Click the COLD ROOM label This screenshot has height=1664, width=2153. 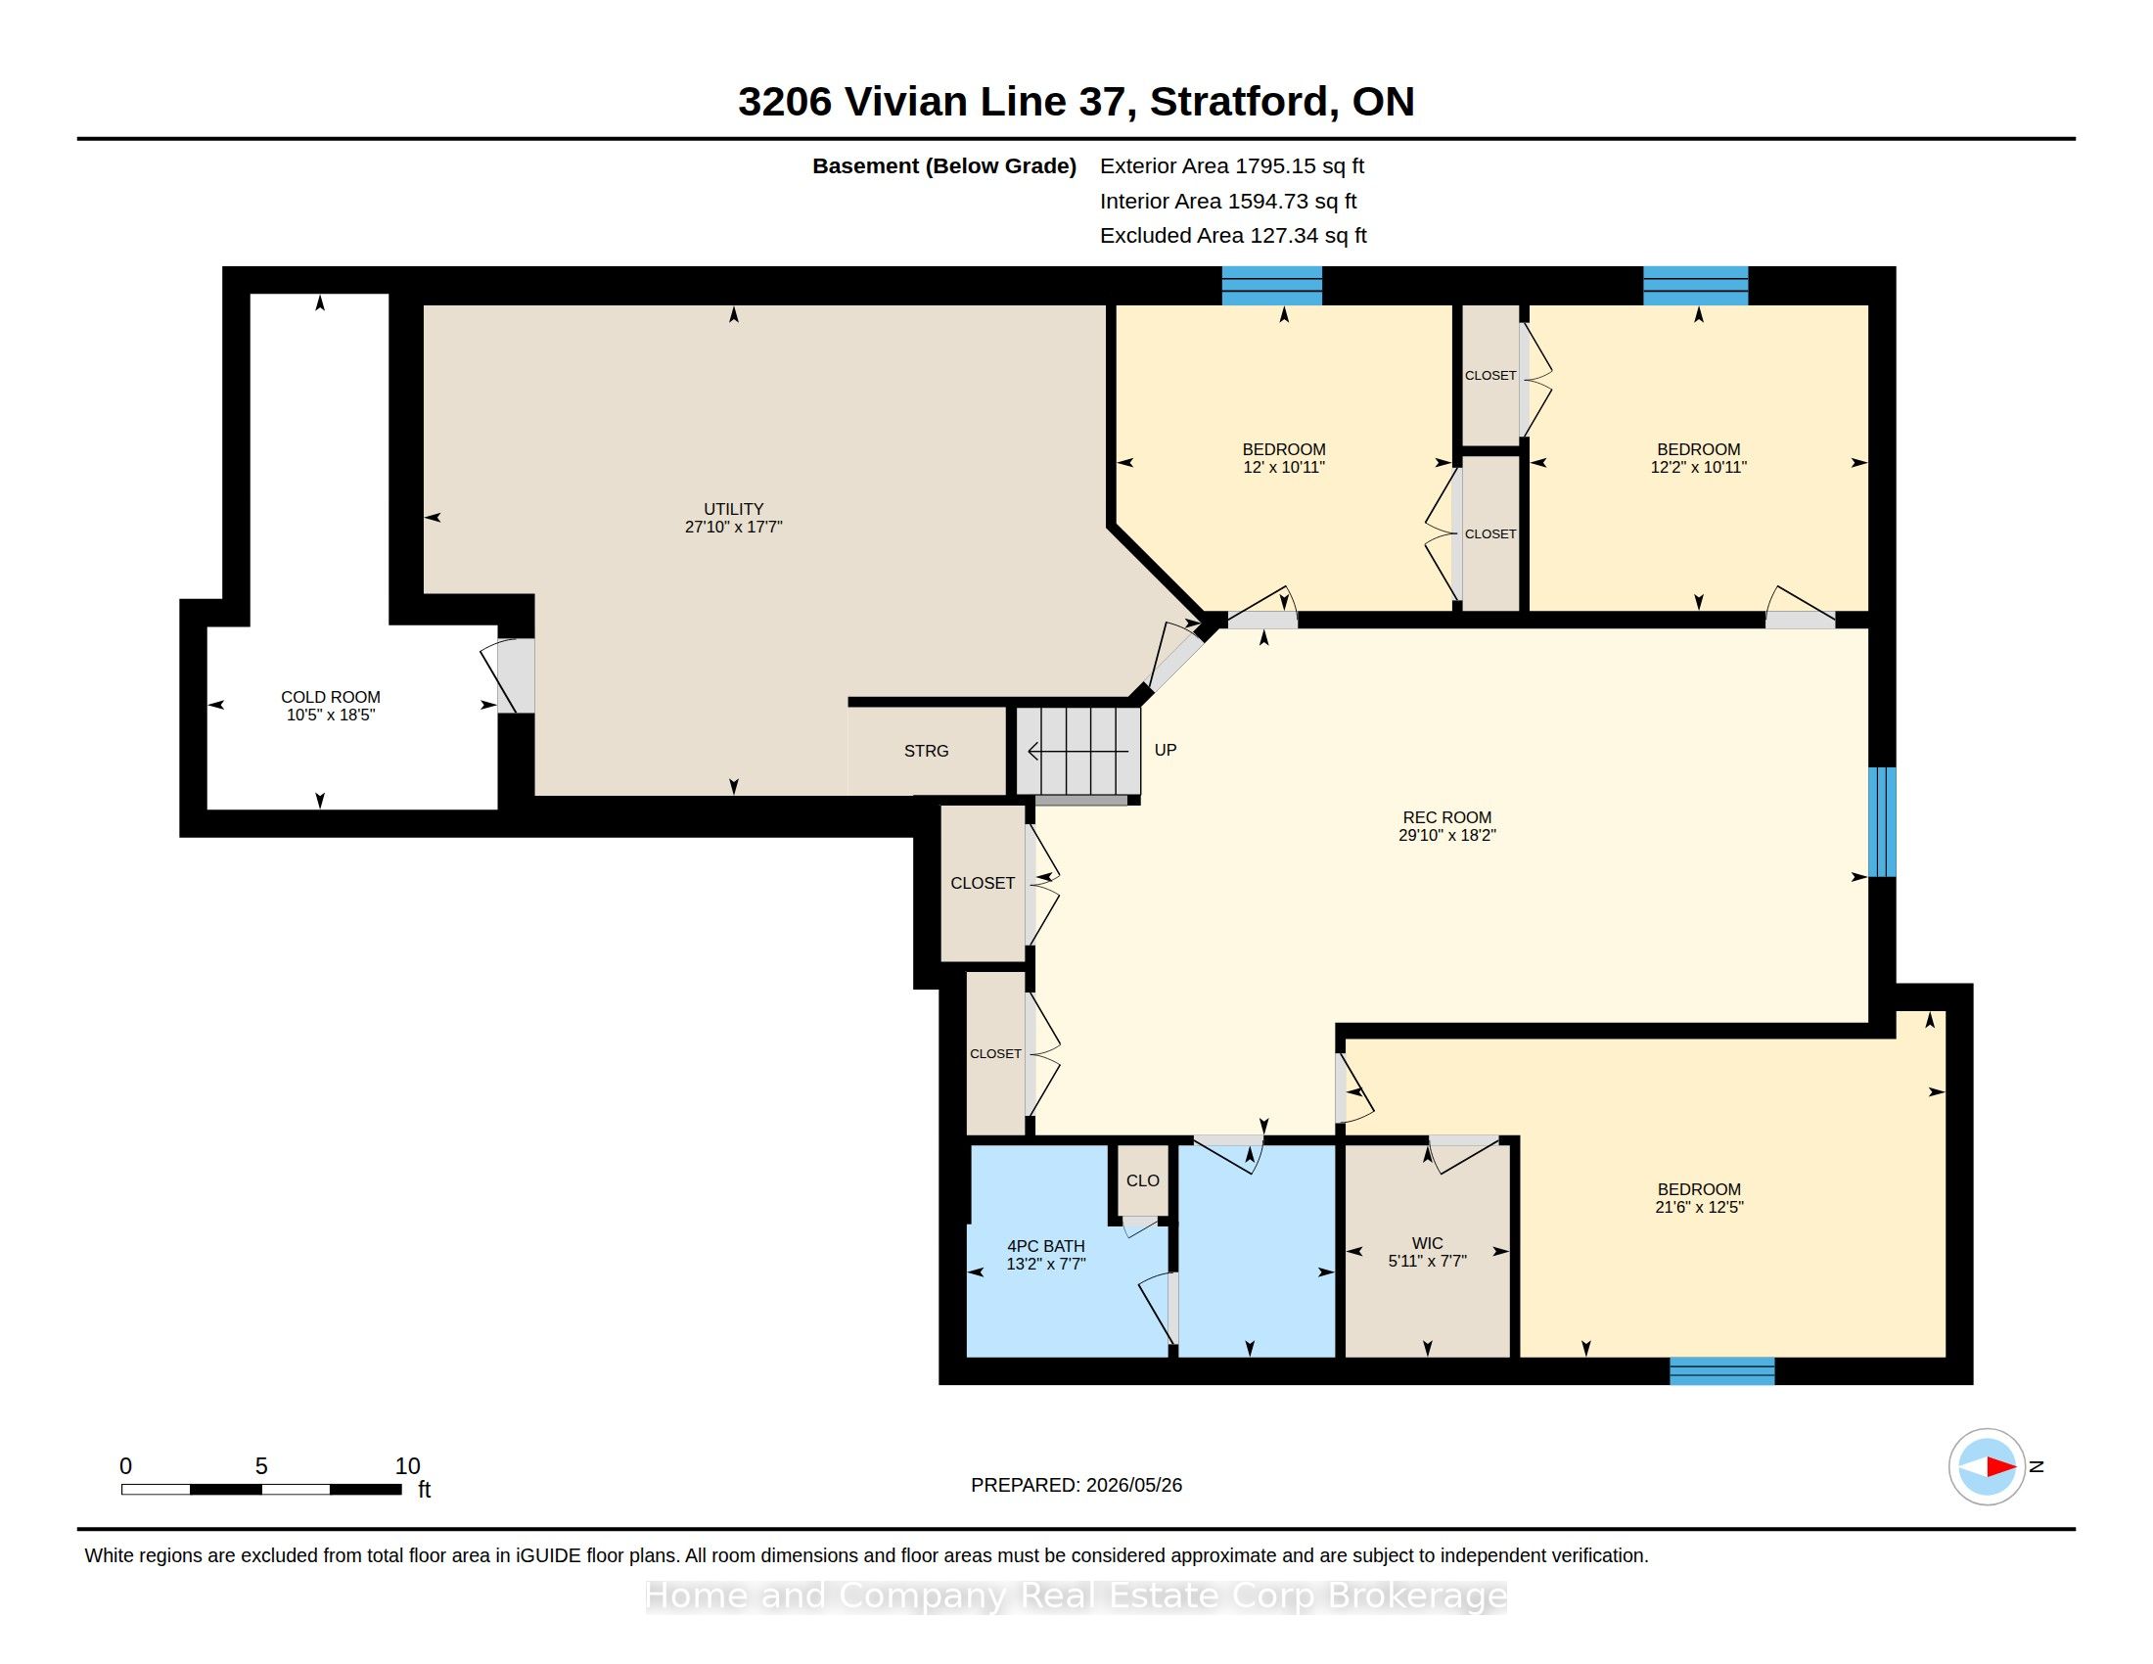(x=330, y=697)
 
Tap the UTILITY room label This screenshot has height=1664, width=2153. (x=733, y=510)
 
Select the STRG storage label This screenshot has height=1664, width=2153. (x=927, y=751)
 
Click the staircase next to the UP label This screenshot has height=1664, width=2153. (x=1078, y=751)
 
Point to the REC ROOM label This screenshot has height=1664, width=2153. (x=1447, y=817)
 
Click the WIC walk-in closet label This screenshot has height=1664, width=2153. (x=1428, y=1244)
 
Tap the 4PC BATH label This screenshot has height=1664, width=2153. (x=1046, y=1246)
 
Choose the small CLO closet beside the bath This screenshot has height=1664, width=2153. (x=1143, y=1181)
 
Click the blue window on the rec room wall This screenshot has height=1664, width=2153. (x=1882, y=822)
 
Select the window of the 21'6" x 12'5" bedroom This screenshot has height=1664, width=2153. (x=1722, y=1371)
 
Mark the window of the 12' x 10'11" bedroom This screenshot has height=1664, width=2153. (x=1271, y=286)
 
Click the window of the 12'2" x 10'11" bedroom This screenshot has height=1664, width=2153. (x=1696, y=286)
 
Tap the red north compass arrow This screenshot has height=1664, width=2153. (x=2001, y=1467)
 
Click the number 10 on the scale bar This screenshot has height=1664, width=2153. (x=408, y=1466)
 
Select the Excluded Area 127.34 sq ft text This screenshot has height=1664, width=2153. (x=1233, y=236)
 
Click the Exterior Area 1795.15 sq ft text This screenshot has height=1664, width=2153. (x=1232, y=165)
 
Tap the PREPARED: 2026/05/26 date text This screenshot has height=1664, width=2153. (x=1076, y=1485)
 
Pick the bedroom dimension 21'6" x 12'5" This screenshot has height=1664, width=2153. (x=1700, y=1207)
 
